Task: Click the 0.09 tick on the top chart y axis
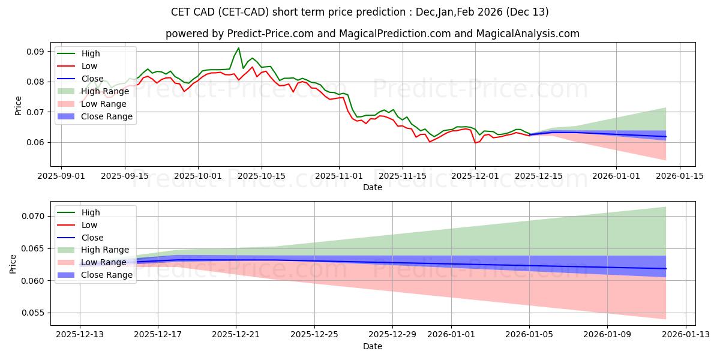pos(35,52)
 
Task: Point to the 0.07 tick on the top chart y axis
pos(35,112)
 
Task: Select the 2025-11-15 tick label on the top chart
pos(402,176)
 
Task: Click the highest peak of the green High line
pos(238,48)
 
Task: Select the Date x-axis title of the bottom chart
pos(373,347)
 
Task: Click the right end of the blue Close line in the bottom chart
pos(666,269)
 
